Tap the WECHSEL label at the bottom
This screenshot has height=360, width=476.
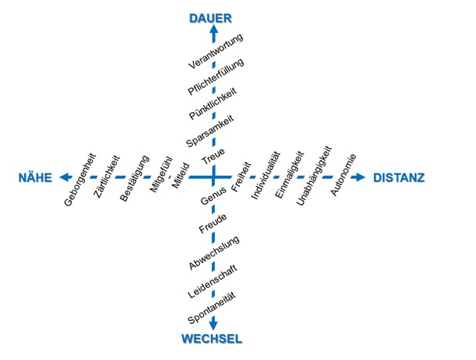pos(213,339)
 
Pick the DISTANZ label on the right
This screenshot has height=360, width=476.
pos(399,178)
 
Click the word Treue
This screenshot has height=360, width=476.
pos(213,155)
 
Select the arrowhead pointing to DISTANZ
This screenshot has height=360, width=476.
pos(360,177)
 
